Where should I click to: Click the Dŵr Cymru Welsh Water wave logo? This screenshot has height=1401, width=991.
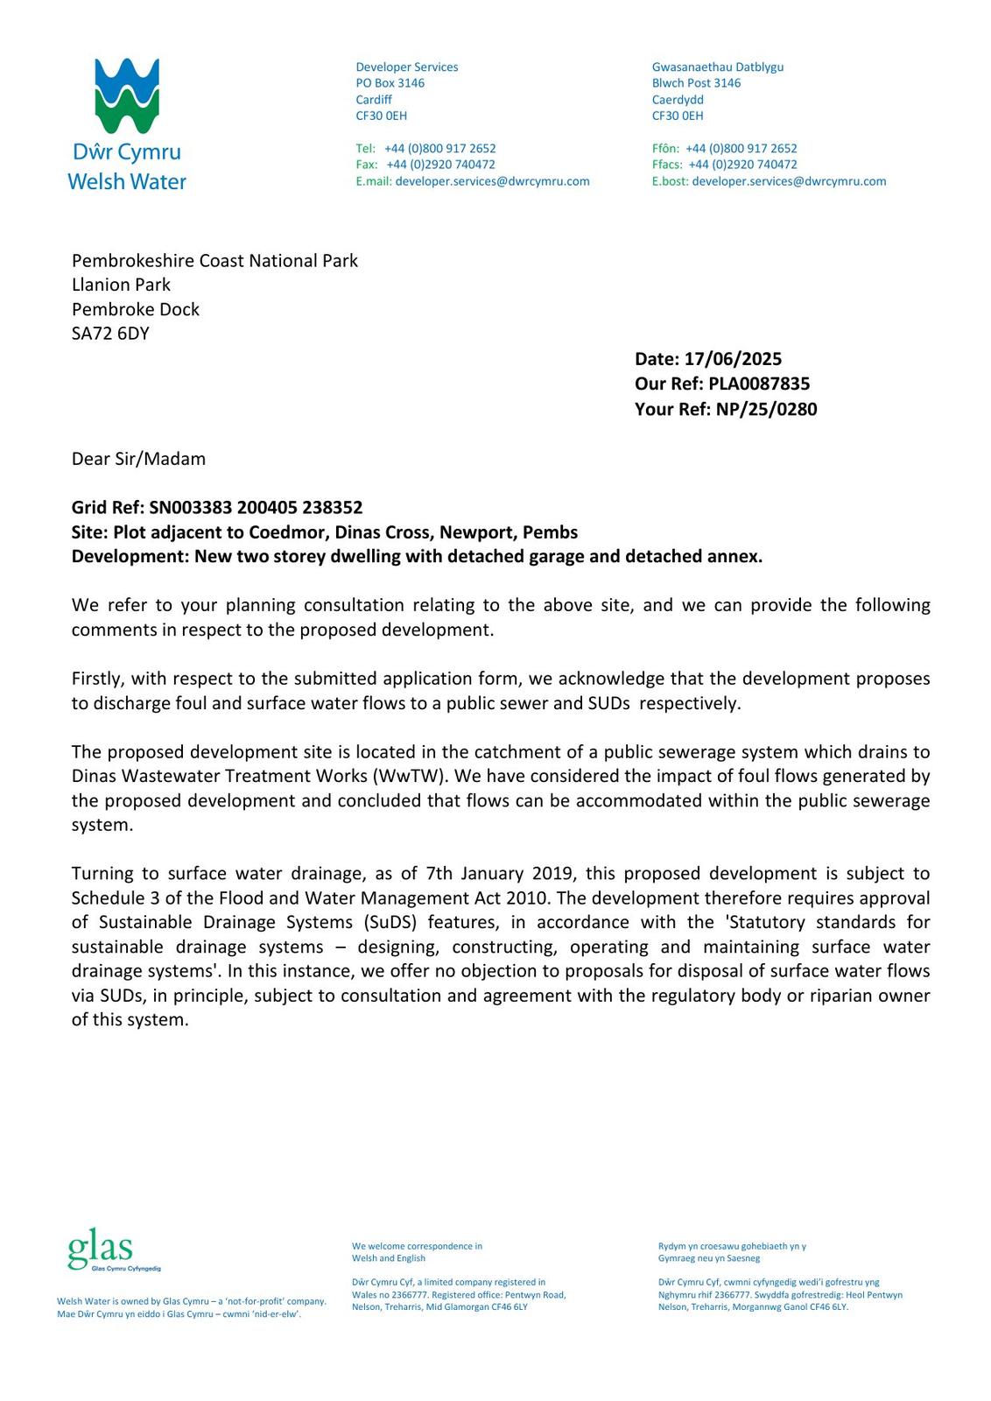(x=127, y=96)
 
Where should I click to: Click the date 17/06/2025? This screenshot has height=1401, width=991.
(x=733, y=359)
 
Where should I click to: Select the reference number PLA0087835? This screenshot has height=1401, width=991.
(x=759, y=384)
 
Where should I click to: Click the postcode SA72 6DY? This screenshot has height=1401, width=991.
(x=110, y=334)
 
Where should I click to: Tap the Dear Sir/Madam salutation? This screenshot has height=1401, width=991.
(x=138, y=459)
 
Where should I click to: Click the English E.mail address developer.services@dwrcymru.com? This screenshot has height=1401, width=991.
(x=492, y=181)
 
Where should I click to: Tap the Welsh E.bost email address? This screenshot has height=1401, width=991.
(x=789, y=181)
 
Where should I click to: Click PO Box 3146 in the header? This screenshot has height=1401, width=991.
(x=390, y=83)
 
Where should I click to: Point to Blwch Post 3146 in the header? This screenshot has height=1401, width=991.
(x=696, y=83)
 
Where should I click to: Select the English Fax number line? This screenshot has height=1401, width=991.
(x=425, y=165)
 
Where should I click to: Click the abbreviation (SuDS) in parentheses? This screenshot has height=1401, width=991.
(x=388, y=923)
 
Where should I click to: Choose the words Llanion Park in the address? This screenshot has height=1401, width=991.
(x=121, y=285)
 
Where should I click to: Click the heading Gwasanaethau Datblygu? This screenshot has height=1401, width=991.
(x=718, y=67)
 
